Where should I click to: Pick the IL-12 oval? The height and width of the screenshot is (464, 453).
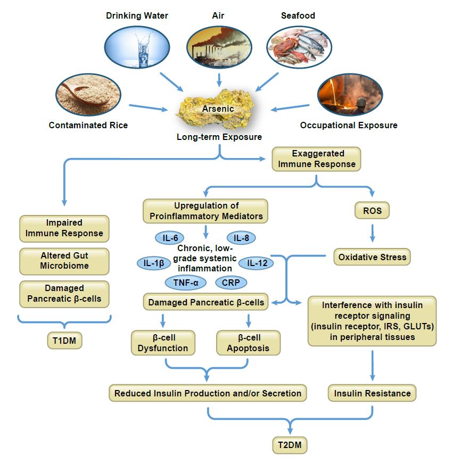256,263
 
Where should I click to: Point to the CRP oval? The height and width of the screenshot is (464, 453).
231,283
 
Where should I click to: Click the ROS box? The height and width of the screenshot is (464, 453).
372,211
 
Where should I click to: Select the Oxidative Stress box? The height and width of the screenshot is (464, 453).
372,257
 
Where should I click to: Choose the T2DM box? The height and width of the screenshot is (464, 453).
290,445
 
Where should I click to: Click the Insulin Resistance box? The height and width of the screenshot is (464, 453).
372,393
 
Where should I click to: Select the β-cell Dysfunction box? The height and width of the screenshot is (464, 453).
163,343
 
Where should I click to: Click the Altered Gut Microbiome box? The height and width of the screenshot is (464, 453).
64,261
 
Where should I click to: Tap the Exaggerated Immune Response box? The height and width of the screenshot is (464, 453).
317,159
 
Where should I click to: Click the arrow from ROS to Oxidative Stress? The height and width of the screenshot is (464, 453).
372,233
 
